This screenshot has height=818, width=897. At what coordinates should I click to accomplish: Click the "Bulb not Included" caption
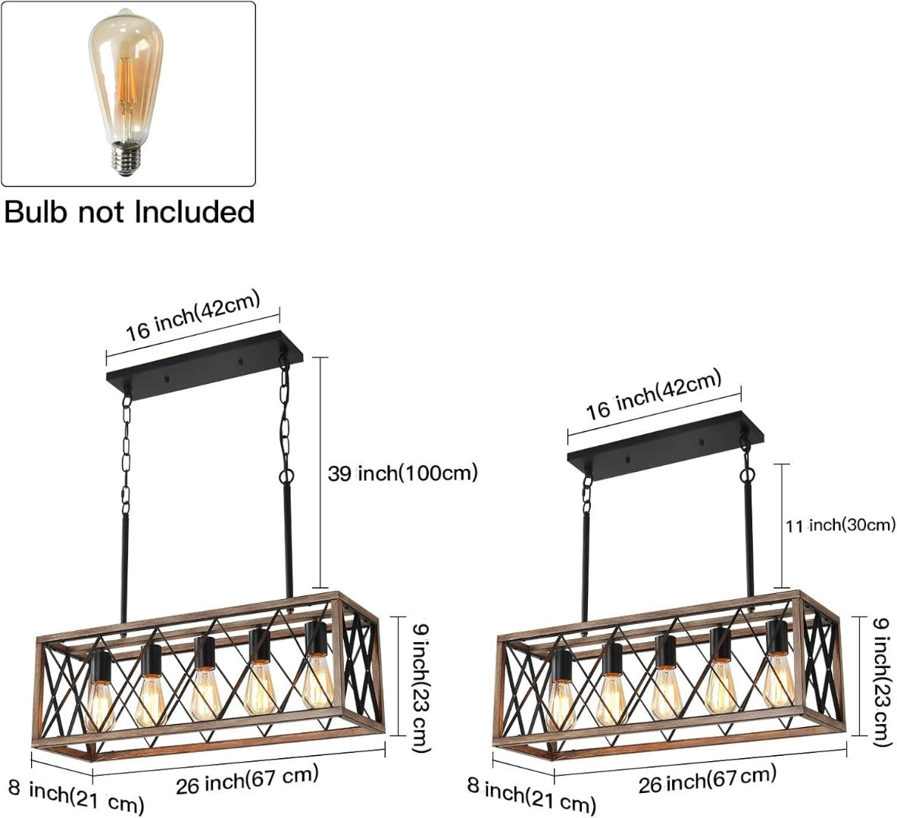[129, 211]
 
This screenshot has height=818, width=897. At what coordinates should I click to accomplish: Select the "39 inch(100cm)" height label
[402, 473]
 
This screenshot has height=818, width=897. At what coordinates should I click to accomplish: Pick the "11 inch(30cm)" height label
[840, 524]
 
